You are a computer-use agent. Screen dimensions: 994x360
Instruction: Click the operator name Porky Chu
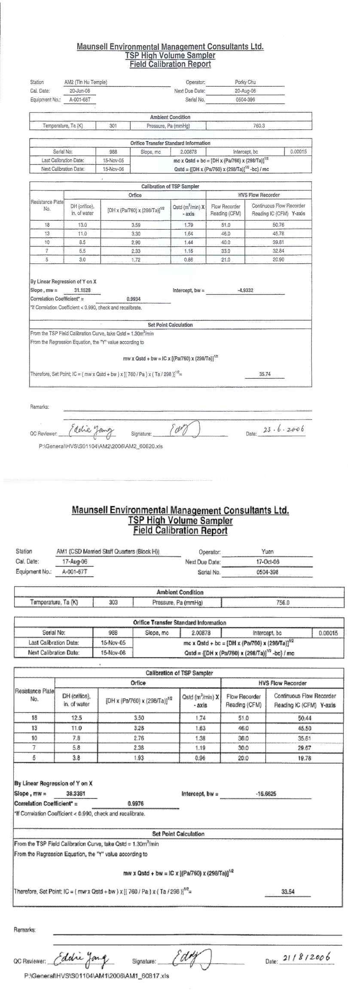point(245,82)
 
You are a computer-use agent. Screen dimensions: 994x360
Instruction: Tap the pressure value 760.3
point(259,126)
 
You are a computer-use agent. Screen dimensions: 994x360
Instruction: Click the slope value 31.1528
point(83,290)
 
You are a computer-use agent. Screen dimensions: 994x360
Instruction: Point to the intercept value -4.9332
point(245,290)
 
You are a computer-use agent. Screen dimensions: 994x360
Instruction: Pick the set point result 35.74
point(265,374)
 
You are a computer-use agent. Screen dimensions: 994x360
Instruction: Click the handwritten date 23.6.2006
point(283,430)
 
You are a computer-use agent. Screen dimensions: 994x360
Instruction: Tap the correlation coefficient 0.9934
point(134,299)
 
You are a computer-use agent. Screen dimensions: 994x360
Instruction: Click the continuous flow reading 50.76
point(278,225)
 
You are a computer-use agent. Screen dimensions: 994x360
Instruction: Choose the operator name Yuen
point(267,552)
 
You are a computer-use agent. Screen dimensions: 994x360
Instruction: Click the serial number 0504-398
point(267,572)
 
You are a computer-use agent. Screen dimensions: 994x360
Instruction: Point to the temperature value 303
point(113,603)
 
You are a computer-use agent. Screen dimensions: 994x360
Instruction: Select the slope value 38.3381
point(76,794)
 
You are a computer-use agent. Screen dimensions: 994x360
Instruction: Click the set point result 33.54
point(288,892)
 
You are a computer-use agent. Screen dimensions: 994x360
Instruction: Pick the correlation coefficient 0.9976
point(136,803)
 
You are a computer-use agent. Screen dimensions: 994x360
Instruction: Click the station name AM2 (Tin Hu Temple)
point(86,82)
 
